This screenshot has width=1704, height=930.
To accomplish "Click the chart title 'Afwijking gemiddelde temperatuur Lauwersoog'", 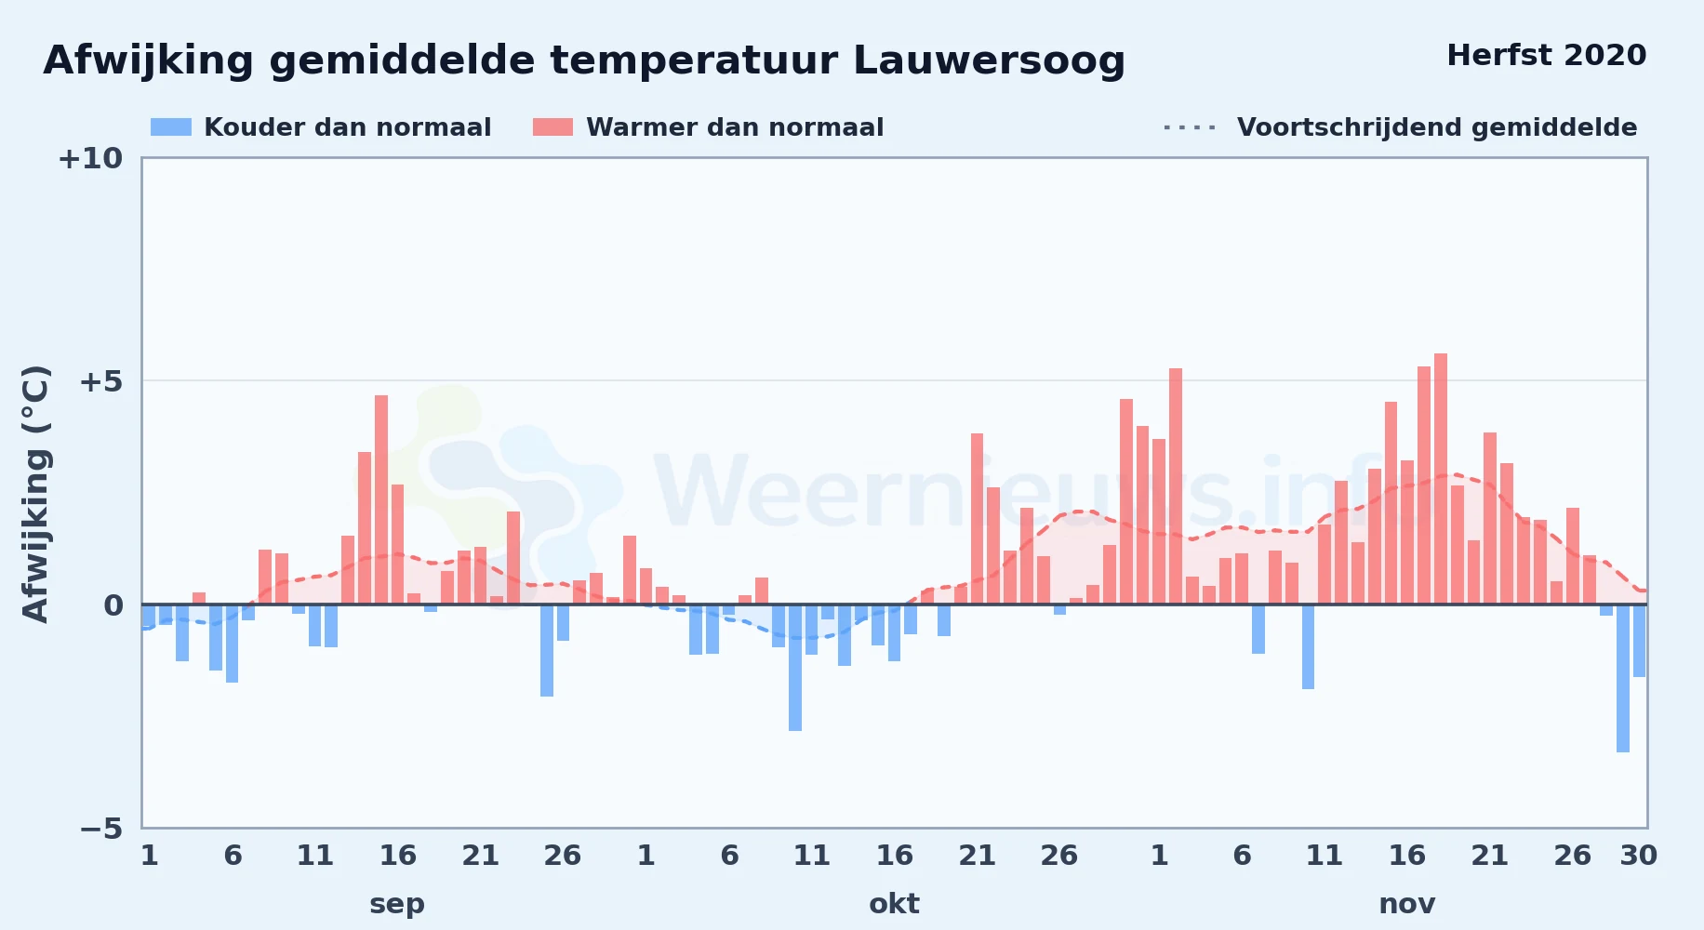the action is click(x=584, y=60).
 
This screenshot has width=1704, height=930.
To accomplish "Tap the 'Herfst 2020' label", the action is click(x=1546, y=55).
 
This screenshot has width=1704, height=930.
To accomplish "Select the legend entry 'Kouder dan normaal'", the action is click(x=321, y=127).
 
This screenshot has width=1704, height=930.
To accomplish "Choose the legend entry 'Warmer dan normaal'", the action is click(x=708, y=127).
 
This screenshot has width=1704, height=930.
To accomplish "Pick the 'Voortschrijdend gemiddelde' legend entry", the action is click(x=1400, y=127).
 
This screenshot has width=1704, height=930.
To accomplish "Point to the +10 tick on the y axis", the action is click(x=90, y=158).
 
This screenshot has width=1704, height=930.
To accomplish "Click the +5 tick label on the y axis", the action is click(x=100, y=381).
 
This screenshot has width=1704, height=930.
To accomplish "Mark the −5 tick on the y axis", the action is click(x=100, y=828).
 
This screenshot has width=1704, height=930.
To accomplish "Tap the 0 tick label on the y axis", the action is click(x=113, y=605).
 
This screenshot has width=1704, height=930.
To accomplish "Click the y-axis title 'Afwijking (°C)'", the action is click(x=35, y=494).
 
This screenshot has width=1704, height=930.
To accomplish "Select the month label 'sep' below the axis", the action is click(x=397, y=904).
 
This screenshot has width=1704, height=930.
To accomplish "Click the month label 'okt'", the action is click(x=894, y=904).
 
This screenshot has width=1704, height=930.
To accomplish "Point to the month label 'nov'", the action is click(x=1406, y=904).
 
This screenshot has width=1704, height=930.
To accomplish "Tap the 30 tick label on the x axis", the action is click(x=1638, y=856).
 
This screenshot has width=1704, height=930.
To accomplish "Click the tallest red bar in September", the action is click(x=381, y=499).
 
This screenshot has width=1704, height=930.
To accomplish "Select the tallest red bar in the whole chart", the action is click(x=1441, y=479).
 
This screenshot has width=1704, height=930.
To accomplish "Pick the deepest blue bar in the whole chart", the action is click(x=1623, y=678).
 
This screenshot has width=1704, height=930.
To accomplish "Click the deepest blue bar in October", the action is click(x=795, y=668).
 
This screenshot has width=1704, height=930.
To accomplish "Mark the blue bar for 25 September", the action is click(x=547, y=650).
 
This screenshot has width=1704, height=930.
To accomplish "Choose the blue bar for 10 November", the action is click(x=1308, y=646).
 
